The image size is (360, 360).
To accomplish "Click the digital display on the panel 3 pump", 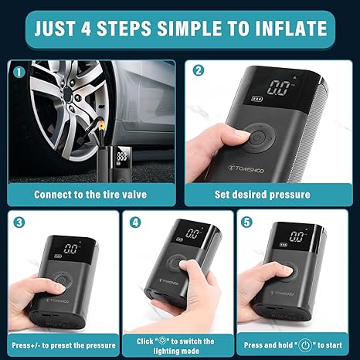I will pyautogui.click(x=70, y=249).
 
